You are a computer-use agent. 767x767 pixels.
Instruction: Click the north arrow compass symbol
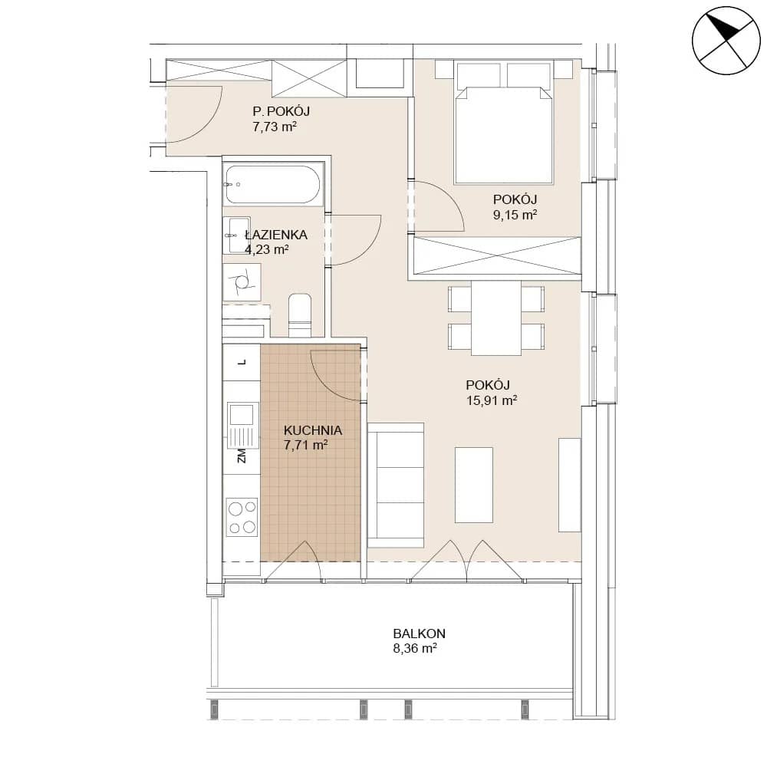[726, 41]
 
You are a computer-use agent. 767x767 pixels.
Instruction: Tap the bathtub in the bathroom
[273, 184]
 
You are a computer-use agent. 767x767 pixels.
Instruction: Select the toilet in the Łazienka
[300, 315]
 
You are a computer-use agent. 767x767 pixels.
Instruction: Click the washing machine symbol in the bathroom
[242, 282]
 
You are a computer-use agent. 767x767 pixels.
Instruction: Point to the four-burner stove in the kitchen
[242, 516]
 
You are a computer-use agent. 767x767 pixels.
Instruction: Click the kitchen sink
[242, 425]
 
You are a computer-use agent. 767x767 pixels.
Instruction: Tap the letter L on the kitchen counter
[242, 363]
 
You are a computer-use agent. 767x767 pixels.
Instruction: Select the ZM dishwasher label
[242, 456]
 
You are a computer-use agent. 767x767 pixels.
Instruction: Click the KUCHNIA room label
[313, 430]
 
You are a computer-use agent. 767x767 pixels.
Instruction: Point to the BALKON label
[420, 634]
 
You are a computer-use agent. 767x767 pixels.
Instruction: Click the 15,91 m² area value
[492, 400]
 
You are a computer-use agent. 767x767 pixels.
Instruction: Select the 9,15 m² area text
[515, 214]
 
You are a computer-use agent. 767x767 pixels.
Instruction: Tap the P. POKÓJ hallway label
[281, 111]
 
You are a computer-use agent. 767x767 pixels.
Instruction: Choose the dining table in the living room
[496, 318]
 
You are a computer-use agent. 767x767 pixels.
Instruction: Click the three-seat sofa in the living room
[395, 486]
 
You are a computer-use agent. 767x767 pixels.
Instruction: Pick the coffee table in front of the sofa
[473, 485]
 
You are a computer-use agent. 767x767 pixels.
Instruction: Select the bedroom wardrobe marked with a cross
[497, 256]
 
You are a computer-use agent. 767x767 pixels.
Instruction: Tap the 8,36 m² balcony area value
[415, 649]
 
